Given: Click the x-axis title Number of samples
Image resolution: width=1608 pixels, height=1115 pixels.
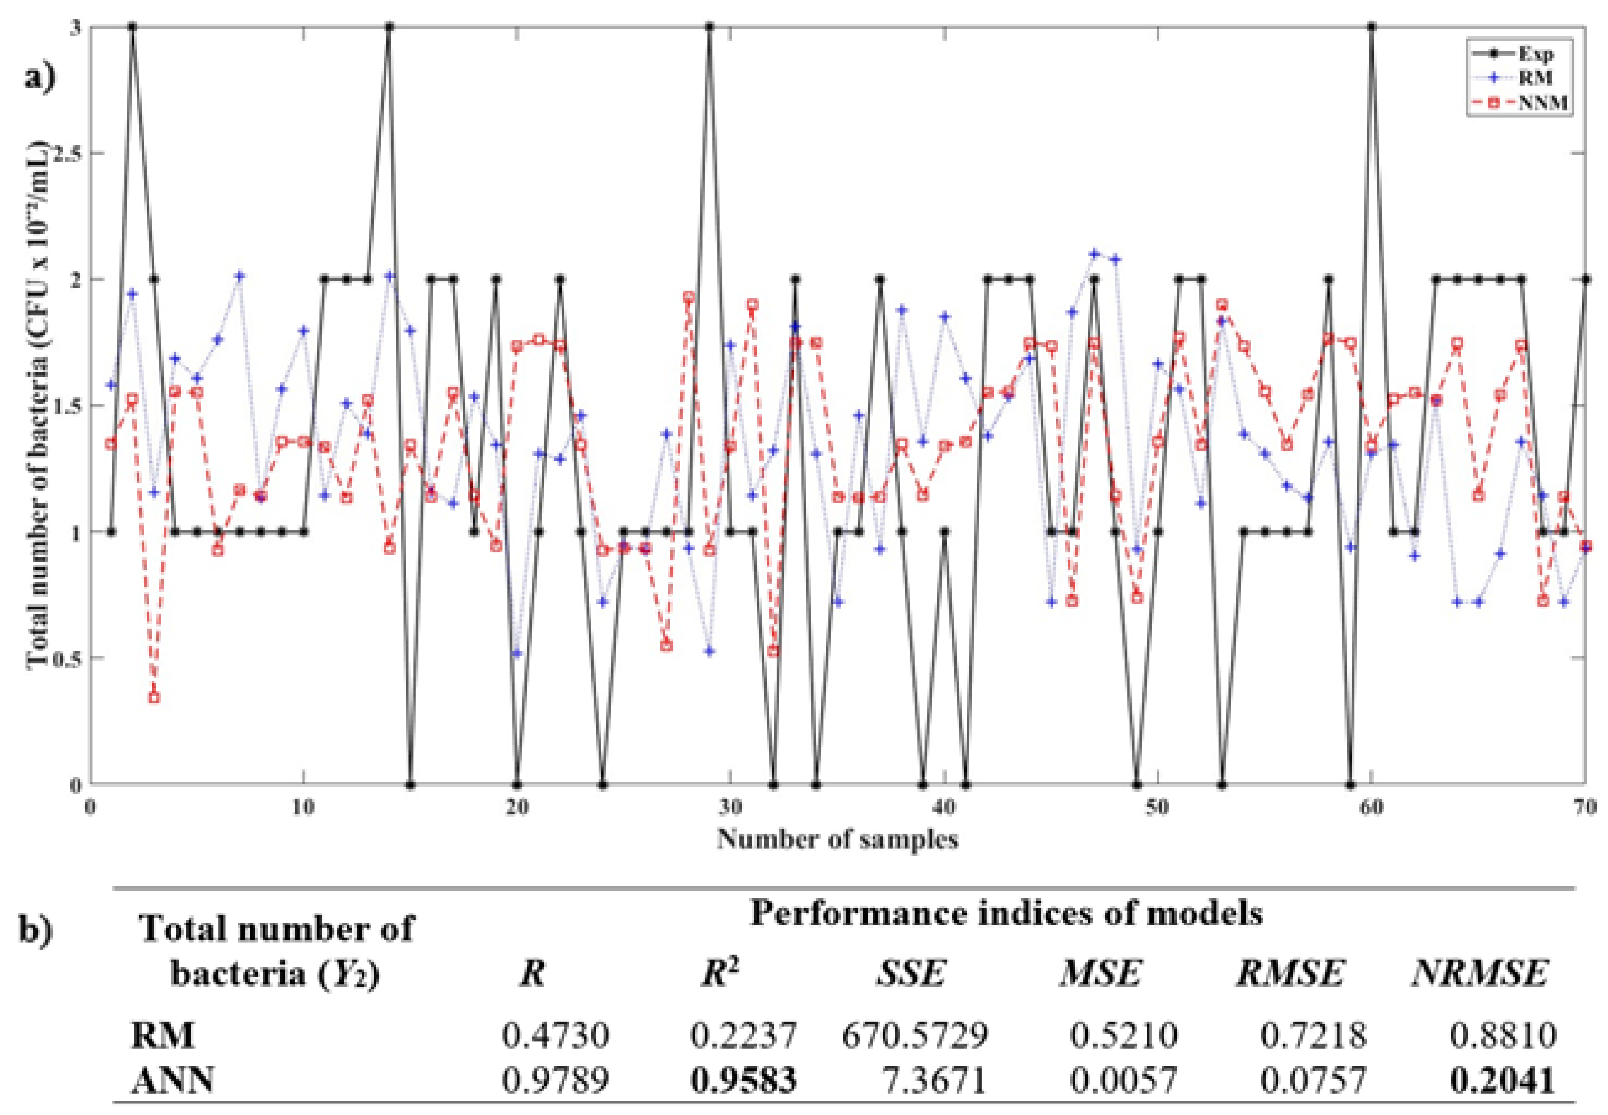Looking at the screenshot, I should [837, 838].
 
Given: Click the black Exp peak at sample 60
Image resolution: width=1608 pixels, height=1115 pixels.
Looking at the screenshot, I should [1372, 27].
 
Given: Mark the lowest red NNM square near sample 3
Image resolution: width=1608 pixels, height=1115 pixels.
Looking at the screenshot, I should [154, 696].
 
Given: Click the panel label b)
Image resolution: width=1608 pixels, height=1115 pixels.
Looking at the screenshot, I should [35, 931].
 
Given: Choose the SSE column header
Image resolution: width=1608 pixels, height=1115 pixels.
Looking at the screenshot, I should [912, 973].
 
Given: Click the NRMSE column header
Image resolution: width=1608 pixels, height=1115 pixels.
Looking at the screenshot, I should [1480, 973].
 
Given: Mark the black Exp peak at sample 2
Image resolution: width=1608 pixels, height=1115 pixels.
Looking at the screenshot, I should [132, 27].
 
